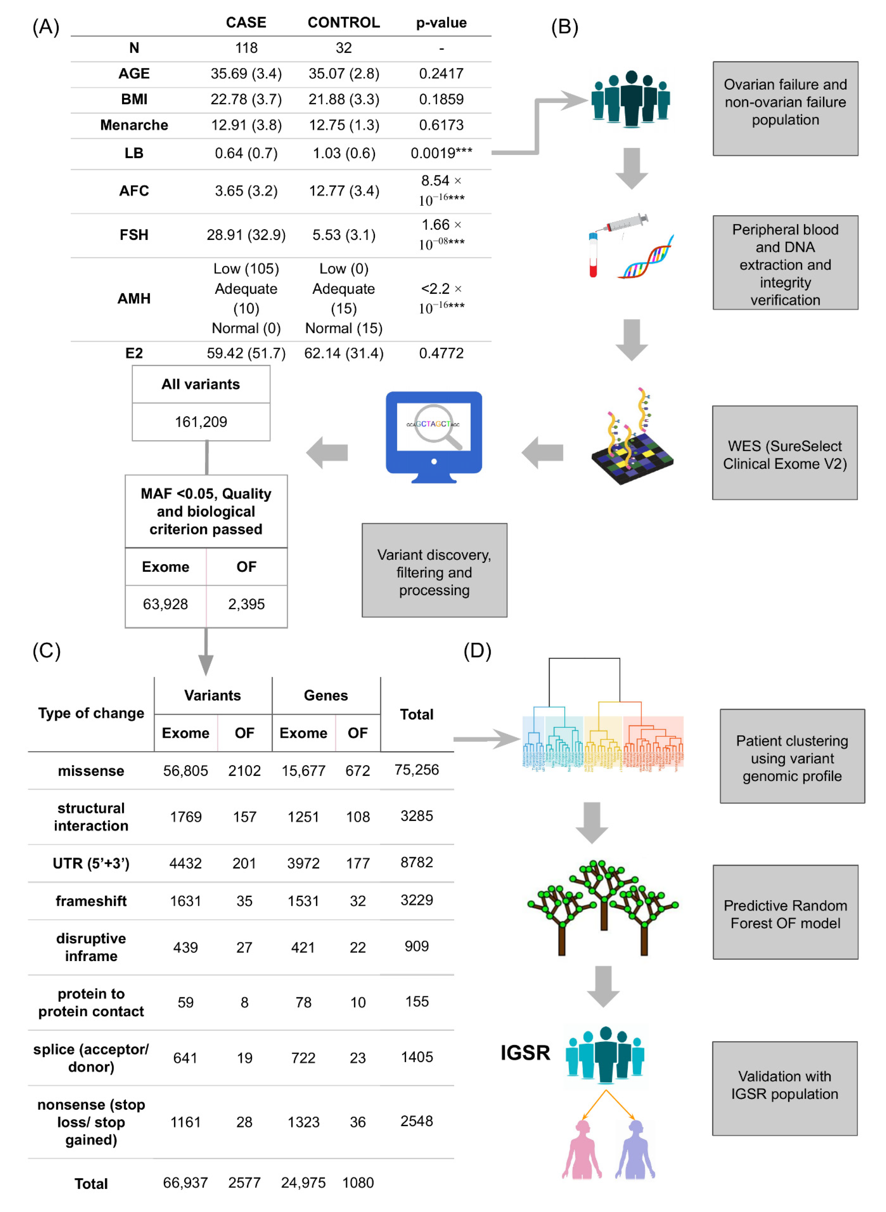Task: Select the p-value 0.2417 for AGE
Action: coord(441,74)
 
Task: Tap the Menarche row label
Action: coord(134,125)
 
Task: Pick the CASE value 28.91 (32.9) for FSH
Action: coord(246,235)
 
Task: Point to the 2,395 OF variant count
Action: coord(246,604)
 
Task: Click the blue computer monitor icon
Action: coord(434,437)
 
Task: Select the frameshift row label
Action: coord(91,901)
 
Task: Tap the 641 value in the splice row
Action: coord(185,1058)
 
